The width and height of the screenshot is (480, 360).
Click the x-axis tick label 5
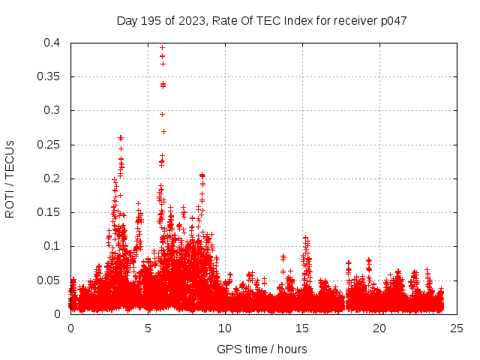(x=148, y=328)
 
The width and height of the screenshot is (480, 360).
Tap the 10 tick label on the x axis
(x=225, y=328)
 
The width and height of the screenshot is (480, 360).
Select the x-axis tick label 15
(x=302, y=328)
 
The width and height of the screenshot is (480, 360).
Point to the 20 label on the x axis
(x=379, y=328)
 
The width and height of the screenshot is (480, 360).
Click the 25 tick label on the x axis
(x=457, y=328)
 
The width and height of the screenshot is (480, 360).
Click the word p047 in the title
(x=393, y=20)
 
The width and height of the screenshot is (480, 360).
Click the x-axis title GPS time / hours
(x=262, y=349)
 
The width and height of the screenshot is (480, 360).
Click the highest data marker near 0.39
(x=162, y=48)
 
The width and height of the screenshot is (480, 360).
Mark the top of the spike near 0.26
(x=121, y=137)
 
